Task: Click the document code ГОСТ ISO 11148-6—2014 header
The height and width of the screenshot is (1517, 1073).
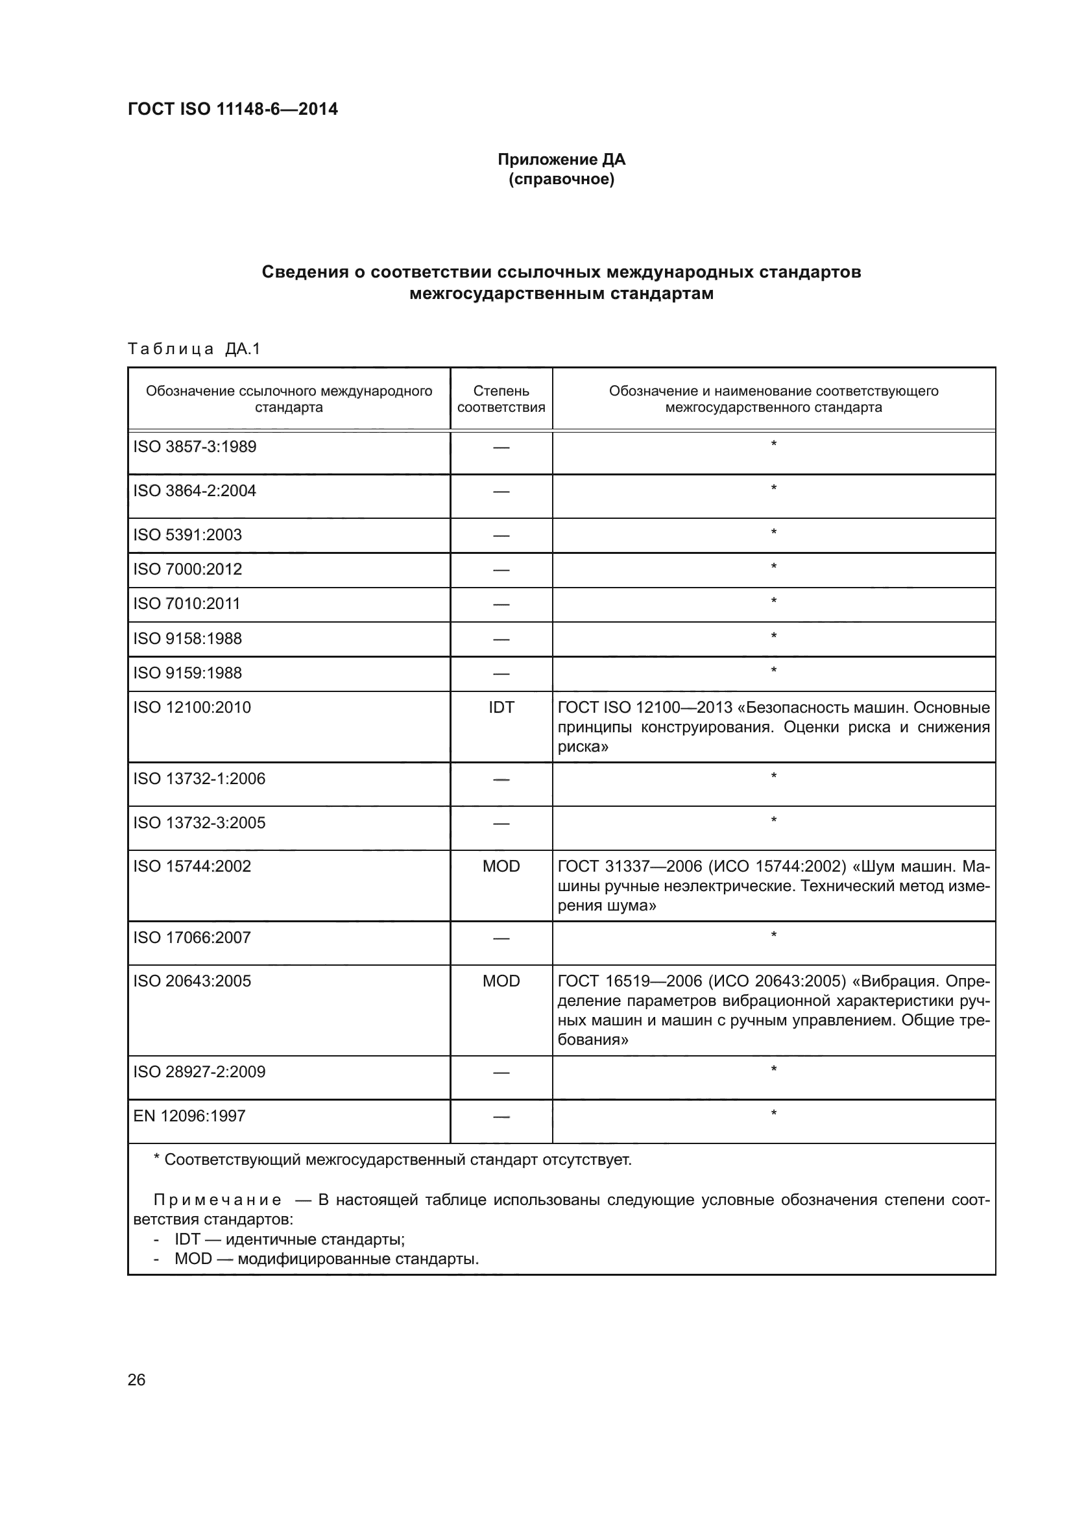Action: coord(233,109)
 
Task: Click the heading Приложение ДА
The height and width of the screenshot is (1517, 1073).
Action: coord(561,160)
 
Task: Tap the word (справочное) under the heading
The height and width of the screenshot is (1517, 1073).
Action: coord(561,179)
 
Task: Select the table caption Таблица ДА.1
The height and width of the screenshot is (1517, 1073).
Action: coord(194,349)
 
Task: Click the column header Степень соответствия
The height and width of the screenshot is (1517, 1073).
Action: coord(501,399)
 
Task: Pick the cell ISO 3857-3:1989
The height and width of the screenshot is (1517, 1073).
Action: coord(195,447)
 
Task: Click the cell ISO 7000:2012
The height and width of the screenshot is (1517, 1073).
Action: coord(187,569)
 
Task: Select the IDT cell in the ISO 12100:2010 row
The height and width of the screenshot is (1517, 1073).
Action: coord(501,707)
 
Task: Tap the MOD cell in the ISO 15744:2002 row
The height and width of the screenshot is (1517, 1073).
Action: coord(501,866)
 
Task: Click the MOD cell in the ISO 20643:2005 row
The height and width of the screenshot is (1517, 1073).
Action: coord(501,981)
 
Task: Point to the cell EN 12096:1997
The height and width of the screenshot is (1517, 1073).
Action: coord(189,1116)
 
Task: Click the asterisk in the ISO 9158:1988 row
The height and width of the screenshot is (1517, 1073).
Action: coord(773,636)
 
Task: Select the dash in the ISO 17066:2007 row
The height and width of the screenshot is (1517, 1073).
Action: coord(501,938)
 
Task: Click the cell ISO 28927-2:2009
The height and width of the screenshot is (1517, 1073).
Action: coord(200,1071)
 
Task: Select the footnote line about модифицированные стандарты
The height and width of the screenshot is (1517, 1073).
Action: coord(326,1258)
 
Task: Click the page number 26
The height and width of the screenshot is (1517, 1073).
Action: coord(136,1380)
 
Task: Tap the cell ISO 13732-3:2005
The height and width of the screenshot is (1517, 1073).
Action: coord(200,822)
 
